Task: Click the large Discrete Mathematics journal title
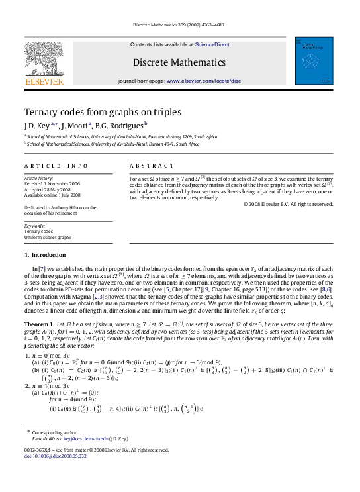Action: point(179,62)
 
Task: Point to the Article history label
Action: point(39,178)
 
